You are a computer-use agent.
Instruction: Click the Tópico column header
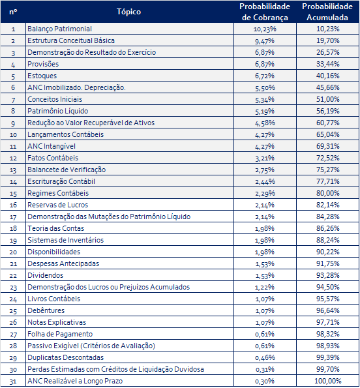point(128,12)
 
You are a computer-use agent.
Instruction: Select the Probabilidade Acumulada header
point(327,12)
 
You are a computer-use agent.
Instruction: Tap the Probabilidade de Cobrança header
point(265,12)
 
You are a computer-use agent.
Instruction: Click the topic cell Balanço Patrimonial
point(59,29)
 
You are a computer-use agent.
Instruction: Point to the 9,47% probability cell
point(265,40)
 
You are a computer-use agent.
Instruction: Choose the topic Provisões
point(43,64)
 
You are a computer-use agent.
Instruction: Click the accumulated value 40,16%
point(327,76)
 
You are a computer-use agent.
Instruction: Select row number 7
point(13,100)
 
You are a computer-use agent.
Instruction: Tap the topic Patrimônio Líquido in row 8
point(57,111)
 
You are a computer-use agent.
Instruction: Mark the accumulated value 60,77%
point(327,123)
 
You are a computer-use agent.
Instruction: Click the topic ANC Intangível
point(52,146)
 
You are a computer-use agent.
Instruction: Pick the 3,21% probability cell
point(265,158)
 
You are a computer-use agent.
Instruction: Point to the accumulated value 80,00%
point(327,193)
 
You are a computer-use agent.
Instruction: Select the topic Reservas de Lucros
point(57,205)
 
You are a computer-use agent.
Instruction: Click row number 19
point(13,240)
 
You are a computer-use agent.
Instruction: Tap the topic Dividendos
point(45,275)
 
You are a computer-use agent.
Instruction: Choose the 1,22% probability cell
point(265,288)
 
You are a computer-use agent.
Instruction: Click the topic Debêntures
point(46,310)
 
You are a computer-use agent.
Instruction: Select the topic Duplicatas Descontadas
point(66,357)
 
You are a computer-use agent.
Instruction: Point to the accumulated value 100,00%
point(327,381)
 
